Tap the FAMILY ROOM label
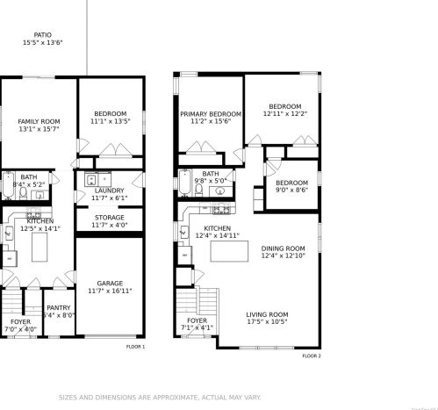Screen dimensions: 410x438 pos(39,121)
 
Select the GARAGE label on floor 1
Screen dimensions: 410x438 pos(109,283)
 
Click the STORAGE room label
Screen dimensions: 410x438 pos(110,218)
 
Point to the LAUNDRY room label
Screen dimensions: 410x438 pos(110,191)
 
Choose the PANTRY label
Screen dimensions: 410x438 pos(59,307)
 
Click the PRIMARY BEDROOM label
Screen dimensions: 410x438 pos(211,114)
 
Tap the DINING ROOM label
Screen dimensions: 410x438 pos(284,248)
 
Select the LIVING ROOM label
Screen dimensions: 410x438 pos(267,314)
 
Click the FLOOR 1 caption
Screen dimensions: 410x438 pos(135,347)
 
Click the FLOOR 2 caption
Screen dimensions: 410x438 pos(312,356)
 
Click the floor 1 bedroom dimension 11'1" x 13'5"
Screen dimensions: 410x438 pos(110,121)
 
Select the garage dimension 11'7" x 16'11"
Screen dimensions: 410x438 pos(110,291)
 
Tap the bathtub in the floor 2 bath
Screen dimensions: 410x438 pos(185,184)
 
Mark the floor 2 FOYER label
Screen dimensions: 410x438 pos(197,321)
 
